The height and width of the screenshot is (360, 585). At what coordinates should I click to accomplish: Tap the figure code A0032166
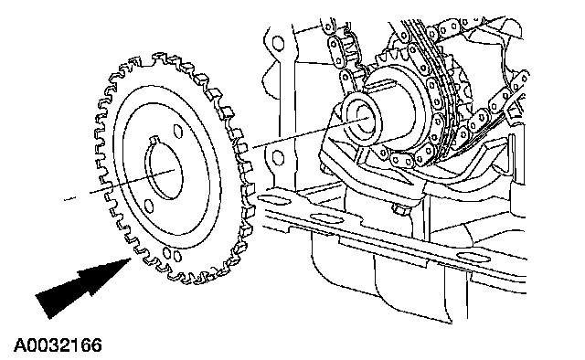(58, 345)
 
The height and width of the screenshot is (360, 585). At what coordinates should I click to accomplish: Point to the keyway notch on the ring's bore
(153, 140)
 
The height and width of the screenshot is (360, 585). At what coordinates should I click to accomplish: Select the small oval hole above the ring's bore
(178, 131)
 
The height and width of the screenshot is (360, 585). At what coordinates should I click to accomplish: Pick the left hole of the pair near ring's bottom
(166, 254)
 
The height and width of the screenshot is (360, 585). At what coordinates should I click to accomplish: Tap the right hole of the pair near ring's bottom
(177, 256)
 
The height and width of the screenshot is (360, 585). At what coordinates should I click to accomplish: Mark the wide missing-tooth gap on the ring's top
(146, 58)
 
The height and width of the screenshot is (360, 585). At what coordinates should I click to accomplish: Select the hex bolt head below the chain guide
(400, 209)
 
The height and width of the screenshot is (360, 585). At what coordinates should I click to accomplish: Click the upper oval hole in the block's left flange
(278, 44)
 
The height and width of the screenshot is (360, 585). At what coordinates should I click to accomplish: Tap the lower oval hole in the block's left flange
(278, 157)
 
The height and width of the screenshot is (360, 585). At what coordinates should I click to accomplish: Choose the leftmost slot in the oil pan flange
(274, 201)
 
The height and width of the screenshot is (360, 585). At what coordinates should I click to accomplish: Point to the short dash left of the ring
(69, 199)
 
